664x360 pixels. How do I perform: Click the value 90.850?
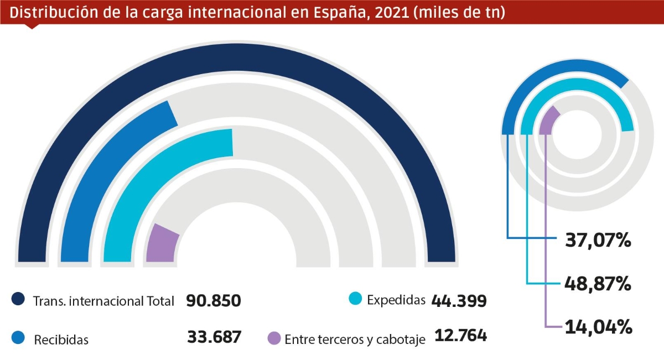[x=214, y=301]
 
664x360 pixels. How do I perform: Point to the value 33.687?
[x=214, y=337]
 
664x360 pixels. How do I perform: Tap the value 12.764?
[x=460, y=336]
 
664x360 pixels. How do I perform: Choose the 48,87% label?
[x=598, y=284]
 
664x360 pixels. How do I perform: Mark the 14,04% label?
[x=598, y=327]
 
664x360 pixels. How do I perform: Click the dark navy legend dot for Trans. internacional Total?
[x=18, y=300]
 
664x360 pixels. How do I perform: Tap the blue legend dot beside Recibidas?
[x=18, y=337]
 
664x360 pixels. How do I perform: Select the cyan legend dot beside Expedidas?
[x=355, y=299]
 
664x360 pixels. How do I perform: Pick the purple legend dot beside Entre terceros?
[x=274, y=338]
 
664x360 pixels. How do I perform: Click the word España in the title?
[x=334, y=12]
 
